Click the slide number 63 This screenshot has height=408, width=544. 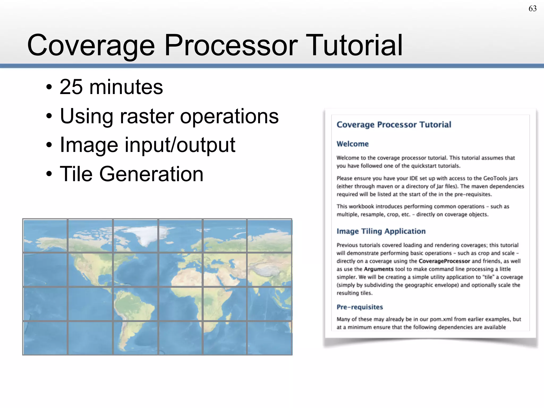(x=532, y=8)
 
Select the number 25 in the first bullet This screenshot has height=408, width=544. (x=71, y=87)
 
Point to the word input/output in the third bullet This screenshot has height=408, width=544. (x=180, y=145)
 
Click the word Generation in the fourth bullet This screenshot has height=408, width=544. (x=151, y=174)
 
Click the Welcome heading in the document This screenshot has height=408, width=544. (x=352, y=144)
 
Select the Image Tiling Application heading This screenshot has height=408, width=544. (x=381, y=231)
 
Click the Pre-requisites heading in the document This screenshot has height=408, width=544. (x=360, y=307)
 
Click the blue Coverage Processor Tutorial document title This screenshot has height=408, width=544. (x=394, y=125)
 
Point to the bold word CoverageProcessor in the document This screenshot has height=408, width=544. (x=444, y=261)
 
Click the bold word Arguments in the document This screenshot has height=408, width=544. (x=378, y=269)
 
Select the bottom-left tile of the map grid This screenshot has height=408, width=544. (x=45, y=338)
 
